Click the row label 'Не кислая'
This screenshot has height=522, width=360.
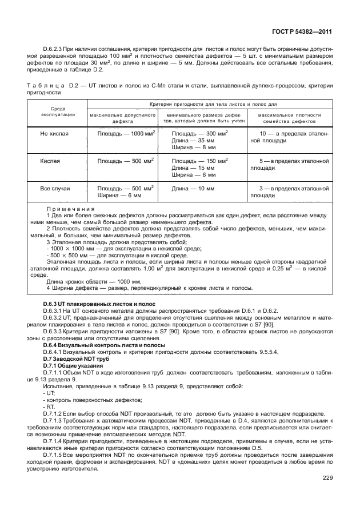pyautogui.click(x=54, y=133)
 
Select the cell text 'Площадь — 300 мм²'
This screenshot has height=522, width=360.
pyautogui.click(x=200, y=133)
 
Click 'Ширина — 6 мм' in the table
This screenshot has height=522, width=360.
pyautogui.click(x=119, y=195)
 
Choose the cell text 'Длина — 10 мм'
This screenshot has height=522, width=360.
pyautogui.click(x=193, y=188)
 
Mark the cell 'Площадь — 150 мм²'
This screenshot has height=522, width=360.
pyautogui.click(x=200, y=161)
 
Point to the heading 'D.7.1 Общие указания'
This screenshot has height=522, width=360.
pyautogui.click(x=71, y=365)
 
